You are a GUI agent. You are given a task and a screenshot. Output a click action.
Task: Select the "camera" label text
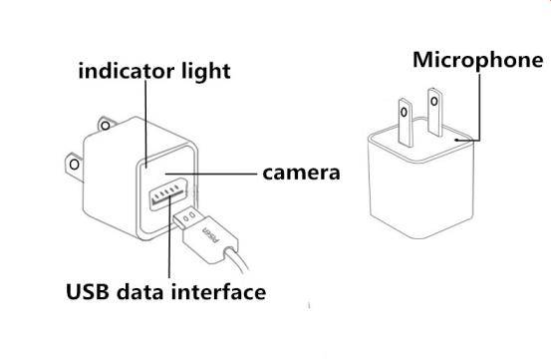click(301, 173)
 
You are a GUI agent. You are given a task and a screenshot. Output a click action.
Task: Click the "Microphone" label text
click(478, 61)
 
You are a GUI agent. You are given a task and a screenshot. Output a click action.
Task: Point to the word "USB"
click(88, 291)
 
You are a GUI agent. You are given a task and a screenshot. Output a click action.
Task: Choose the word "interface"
click(218, 292)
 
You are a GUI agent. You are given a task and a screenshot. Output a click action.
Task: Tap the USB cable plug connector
click(205, 235)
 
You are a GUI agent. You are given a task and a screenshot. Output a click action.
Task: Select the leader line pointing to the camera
click(211, 174)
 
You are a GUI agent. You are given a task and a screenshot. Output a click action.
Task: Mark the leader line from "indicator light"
click(145, 122)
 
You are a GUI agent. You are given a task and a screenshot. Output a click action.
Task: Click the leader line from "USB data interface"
click(169, 237)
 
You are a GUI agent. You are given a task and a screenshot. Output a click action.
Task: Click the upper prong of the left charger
click(107, 124)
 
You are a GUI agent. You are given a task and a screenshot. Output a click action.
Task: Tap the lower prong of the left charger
click(75, 168)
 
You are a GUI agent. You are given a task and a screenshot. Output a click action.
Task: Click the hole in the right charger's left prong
click(405, 113)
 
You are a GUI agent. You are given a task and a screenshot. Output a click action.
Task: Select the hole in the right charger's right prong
click(434, 102)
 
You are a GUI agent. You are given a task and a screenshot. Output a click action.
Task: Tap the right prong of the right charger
click(435, 113)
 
